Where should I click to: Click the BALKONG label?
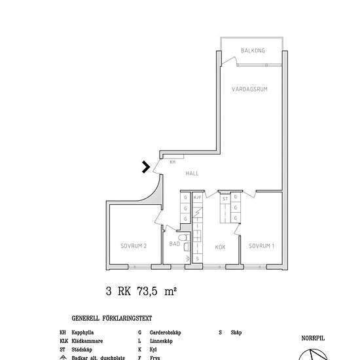coord(252,50)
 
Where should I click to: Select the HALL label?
coord(192,173)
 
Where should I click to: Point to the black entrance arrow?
coord(147,168)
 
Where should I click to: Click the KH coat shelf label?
coord(172,162)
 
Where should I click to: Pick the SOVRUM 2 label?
coord(133,246)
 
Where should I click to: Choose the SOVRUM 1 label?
coord(261,246)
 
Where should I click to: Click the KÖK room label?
coord(220,247)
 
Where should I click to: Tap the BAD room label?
coord(174,244)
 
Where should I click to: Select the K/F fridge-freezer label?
coord(197,197)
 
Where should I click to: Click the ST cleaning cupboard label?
coord(225,198)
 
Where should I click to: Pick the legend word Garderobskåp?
coord(165,333)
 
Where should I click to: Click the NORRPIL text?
coord(313,338)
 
